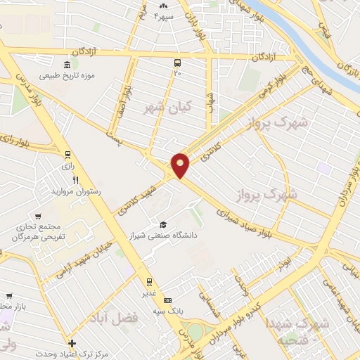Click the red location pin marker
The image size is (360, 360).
pyautogui.click(x=181, y=165)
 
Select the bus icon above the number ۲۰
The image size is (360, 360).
pyautogui.click(x=177, y=63)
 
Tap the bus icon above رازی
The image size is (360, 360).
pyautogui.click(x=67, y=155)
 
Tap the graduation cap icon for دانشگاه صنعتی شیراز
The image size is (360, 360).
pyautogui.click(x=163, y=225)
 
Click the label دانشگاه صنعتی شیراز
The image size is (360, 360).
pyautogui.click(x=162, y=236)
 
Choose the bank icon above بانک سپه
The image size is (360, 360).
pyautogui.click(x=167, y=300)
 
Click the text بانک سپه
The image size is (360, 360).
pyautogui.click(x=167, y=310)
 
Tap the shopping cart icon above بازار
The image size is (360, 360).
pyautogui.click(x=8, y=296)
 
